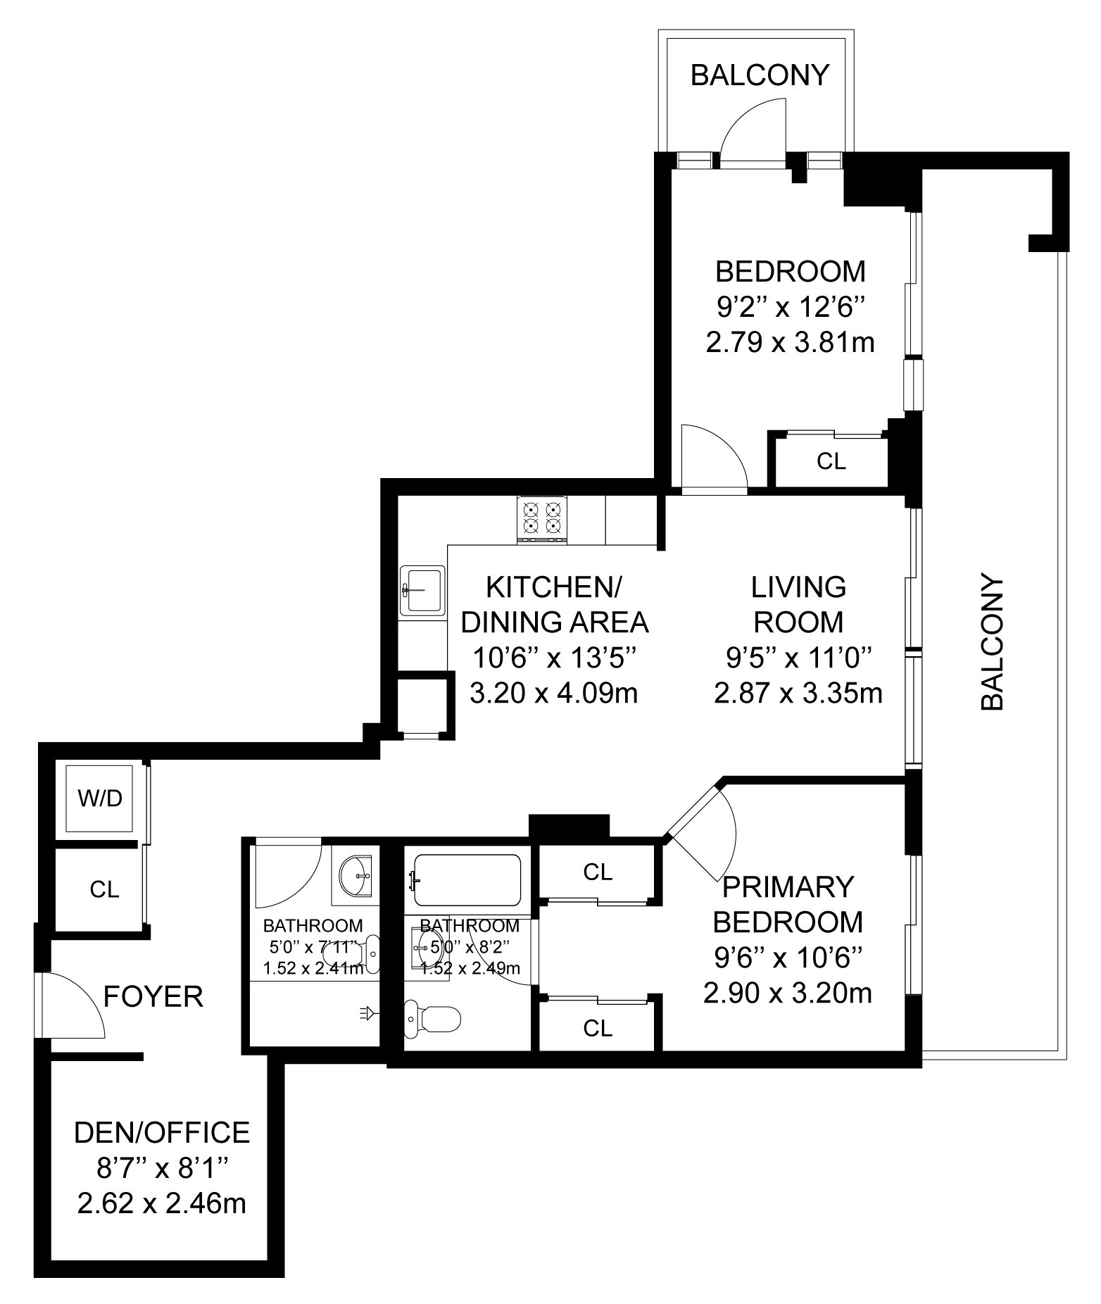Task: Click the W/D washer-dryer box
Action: pos(99,798)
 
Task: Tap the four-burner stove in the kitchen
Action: pos(542,518)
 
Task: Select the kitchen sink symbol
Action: pos(422,591)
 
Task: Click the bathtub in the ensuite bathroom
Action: pos(467,879)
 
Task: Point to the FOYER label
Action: pos(153,996)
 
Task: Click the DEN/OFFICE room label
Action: pos(162,1132)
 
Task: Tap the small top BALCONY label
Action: pos(760,75)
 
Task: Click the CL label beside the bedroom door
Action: pos(831,461)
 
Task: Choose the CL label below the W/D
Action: pos(104,889)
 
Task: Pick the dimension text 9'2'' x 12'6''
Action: pos(789,307)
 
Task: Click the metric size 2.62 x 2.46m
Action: pos(162,1203)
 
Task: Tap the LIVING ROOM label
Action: pos(798,604)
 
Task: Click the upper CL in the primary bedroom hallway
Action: pos(598,872)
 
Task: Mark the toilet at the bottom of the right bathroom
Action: pos(433,1017)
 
